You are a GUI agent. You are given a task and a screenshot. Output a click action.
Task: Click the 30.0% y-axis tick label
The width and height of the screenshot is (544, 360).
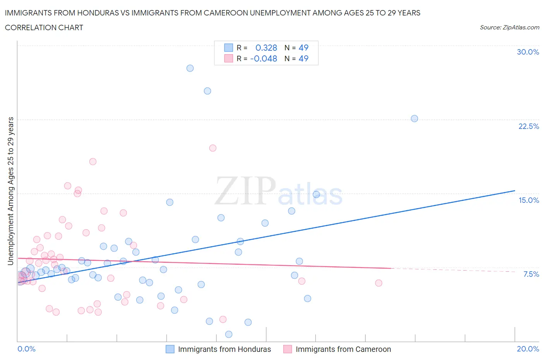pos(528,52)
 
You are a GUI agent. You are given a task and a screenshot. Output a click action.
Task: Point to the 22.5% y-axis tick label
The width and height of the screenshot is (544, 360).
pos(529,126)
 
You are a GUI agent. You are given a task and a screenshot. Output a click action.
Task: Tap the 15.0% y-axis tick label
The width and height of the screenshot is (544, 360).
pos(529,200)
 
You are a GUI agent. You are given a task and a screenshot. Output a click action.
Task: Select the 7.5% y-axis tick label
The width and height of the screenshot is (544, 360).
pos(531,274)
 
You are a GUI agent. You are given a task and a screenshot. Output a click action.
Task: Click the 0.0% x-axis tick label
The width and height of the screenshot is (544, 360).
pos(26,349)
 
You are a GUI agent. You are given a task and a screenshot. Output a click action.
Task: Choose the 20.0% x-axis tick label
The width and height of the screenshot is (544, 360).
pos(528,349)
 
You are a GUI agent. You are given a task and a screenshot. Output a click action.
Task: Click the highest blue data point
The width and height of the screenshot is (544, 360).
pos(190,68)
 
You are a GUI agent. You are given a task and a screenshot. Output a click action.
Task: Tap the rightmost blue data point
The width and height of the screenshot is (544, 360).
pos(414,118)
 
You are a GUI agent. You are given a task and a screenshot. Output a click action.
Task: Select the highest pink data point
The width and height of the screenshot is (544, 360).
pos(212,148)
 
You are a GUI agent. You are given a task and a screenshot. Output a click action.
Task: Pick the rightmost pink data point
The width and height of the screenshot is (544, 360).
pos(379,283)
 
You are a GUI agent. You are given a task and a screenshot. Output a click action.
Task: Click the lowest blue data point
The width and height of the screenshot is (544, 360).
pos(229,334)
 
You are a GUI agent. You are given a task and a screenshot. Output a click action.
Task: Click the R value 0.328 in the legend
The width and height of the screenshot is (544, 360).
pos(266,48)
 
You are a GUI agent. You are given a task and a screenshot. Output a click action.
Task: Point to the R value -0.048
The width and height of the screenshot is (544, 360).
pos(263,58)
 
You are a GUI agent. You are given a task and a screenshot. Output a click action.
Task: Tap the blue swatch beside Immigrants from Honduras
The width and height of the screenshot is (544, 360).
pos(170,349)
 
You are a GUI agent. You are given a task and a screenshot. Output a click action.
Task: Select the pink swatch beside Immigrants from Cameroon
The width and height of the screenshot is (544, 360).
pos(287,349)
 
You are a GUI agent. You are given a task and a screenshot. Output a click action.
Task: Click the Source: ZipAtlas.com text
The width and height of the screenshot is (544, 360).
pos(509,27)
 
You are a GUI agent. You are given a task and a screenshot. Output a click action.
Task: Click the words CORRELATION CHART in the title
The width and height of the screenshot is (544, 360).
pos(44,27)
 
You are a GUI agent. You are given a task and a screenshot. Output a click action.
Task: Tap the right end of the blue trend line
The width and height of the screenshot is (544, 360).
pos(515,190)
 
